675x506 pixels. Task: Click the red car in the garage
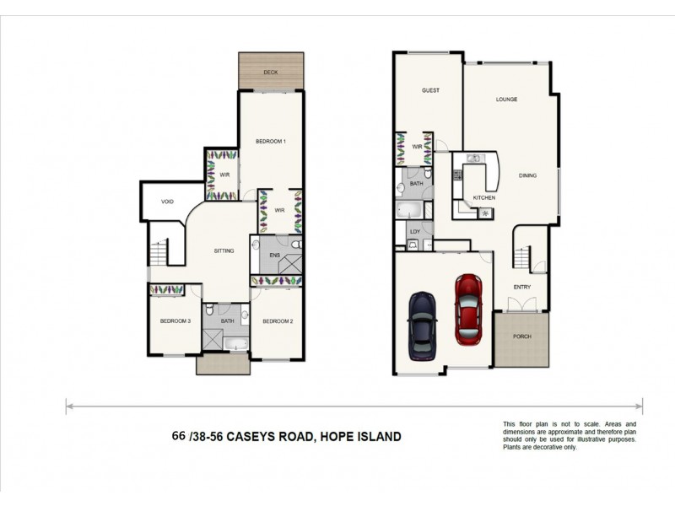pos(468,309)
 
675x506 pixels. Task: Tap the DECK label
pos(270,73)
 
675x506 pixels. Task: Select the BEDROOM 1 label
pos(271,141)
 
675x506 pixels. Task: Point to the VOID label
pos(167,202)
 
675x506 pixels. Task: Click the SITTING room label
pos(224,250)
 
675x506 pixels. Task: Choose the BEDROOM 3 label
pos(175,321)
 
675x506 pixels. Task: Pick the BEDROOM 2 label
pos(277,321)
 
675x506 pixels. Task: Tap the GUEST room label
pos(430,90)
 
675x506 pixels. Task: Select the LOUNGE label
pos(506,99)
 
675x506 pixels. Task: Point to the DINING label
pos(528,175)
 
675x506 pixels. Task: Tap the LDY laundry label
pos(414,230)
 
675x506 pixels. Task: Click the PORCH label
pos(521,336)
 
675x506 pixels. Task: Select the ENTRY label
pos(522,287)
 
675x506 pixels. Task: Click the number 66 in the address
pos(178,436)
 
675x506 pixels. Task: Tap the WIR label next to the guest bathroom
pos(417,147)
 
